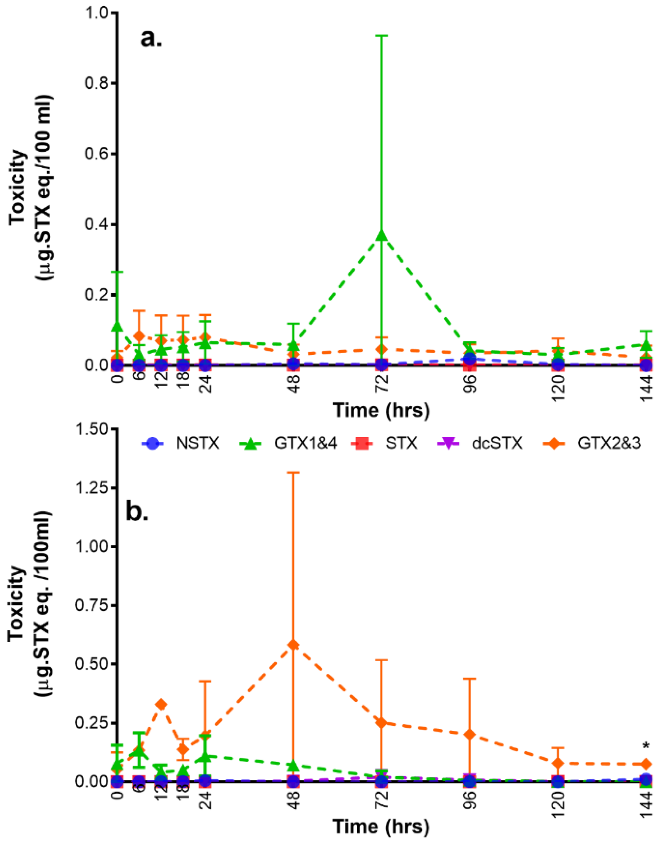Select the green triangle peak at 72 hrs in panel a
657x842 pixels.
point(382,235)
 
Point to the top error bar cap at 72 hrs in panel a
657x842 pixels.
point(382,36)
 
